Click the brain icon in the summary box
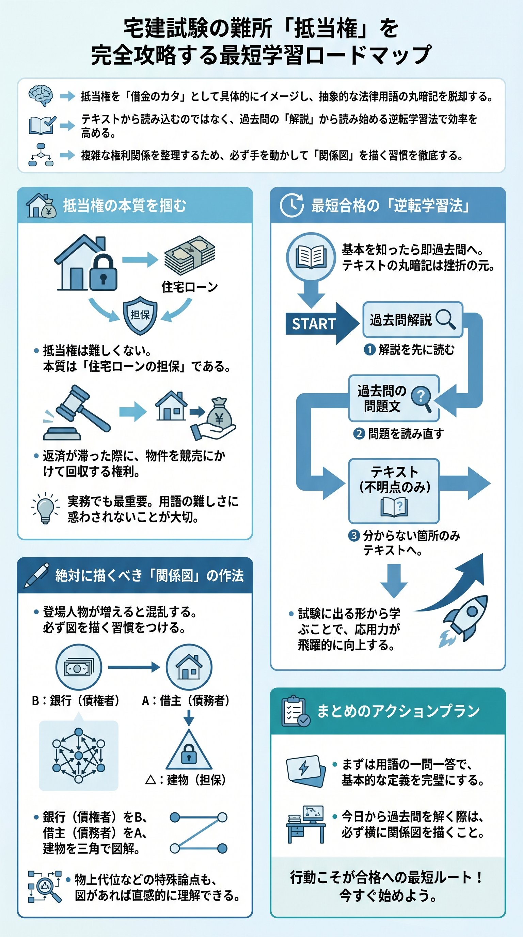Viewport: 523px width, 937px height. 41,95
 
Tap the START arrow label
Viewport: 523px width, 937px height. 314,324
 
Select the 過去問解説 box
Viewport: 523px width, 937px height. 412,320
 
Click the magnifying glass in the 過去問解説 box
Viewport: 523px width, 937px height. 445,319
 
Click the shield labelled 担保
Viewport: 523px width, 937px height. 140,315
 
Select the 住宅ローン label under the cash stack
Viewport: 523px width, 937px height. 190,287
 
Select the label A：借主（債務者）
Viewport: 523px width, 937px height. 186,700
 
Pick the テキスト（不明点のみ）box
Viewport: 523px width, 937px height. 394,490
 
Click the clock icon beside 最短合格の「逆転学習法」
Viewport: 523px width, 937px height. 292,205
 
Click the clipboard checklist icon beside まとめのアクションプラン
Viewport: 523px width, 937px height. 295,711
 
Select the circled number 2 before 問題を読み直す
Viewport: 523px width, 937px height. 359,433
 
